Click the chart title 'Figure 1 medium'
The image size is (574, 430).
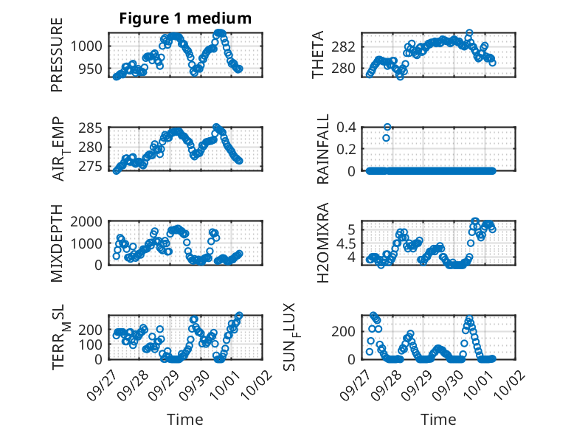pos(184,18)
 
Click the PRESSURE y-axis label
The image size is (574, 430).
pos(57,55)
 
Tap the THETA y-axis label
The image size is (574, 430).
pos(318,55)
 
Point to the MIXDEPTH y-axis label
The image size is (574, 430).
pos(57,243)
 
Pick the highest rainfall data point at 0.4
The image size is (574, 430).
pos(387,127)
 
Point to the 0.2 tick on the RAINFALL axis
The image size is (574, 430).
pos(347,149)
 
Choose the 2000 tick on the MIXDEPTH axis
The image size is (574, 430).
pos(88,221)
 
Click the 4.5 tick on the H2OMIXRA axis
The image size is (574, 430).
pos(347,243)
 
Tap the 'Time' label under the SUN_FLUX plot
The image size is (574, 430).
pos(438,419)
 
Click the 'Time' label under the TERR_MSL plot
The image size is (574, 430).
pos(184,419)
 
